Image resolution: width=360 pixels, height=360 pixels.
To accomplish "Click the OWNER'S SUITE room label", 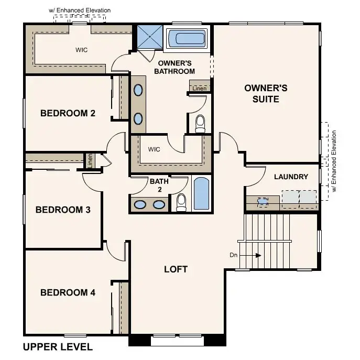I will (266, 93).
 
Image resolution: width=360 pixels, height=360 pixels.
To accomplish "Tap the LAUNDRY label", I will (291, 177).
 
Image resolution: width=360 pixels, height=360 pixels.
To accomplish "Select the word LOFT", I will (176, 269).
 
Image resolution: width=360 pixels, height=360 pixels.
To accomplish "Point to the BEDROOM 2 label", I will (68, 113).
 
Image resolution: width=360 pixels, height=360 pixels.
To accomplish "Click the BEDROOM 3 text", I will (63, 210).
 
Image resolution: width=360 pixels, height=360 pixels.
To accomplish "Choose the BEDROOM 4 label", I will (68, 292).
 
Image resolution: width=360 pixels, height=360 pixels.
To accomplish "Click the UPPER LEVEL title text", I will (58, 347).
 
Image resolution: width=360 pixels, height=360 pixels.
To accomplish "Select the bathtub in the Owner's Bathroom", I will (187, 39).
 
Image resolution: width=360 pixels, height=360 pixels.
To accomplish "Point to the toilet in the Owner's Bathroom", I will (200, 124).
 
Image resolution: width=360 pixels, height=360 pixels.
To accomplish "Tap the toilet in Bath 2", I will (181, 202).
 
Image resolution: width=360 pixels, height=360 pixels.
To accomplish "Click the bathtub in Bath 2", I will (201, 194).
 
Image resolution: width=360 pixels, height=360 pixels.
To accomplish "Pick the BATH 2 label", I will (159, 186).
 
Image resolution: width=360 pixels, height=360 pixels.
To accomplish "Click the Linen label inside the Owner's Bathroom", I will (199, 89).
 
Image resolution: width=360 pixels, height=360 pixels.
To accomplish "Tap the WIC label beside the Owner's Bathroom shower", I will (81, 50).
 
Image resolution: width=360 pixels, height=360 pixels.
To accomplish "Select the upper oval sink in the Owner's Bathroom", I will (138, 90).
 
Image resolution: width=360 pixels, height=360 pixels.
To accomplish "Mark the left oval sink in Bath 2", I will (140, 205).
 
